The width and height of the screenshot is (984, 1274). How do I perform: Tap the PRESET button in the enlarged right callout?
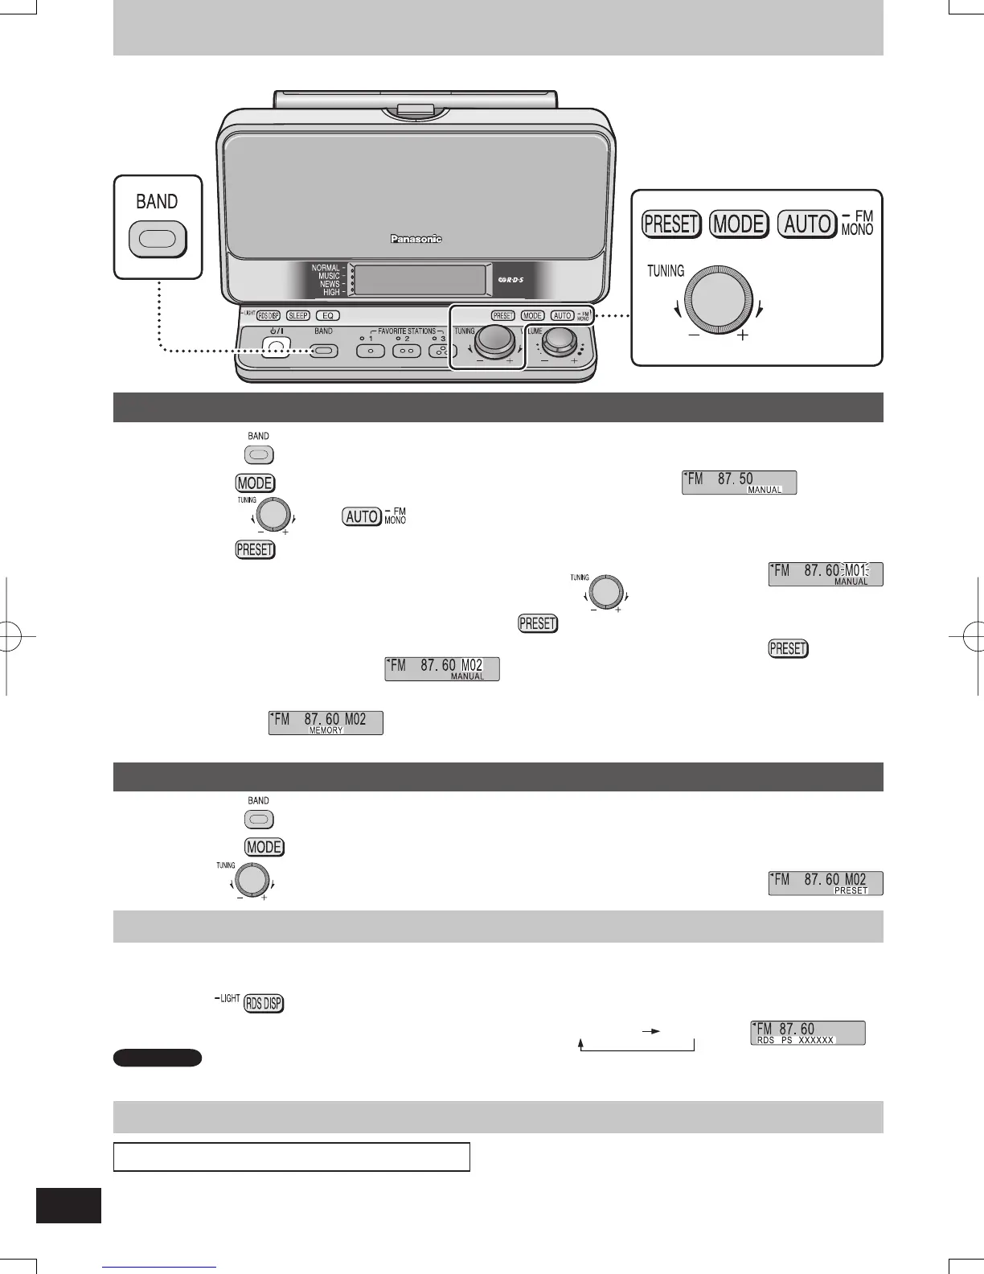(x=672, y=224)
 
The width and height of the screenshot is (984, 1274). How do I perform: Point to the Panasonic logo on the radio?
(x=416, y=239)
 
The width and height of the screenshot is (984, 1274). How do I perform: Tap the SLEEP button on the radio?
(x=297, y=316)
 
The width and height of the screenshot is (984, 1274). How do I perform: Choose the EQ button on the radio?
(x=327, y=316)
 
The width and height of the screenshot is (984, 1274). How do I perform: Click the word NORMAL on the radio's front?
(x=326, y=268)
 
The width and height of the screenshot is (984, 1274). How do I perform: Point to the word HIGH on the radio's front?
(x=331, y=292)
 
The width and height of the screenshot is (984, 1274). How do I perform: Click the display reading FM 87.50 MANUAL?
(x=739, y=483)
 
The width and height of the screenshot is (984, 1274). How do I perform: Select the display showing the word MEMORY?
(x=326, y=722)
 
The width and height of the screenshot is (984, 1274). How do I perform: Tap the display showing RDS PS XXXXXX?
(x=808, y=1033)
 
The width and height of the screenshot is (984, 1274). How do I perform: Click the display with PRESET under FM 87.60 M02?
(x=826, y=883)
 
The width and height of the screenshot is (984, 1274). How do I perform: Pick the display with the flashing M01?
(x=826, y=574)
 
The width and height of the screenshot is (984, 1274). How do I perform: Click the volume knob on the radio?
(x=557, y=344)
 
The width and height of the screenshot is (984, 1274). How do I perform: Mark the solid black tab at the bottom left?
(x=69, y=1206)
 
